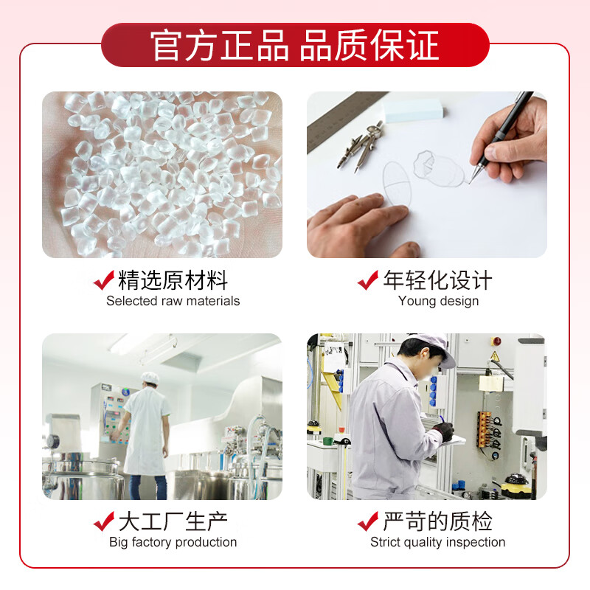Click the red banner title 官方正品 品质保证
tap(294, 46)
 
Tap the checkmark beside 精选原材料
tap(104, 280)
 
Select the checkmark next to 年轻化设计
tap(368, 280)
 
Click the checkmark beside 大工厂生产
tap(104, 521)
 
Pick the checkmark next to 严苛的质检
tap(368, 521)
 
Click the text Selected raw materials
tap(173, 301)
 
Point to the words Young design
tap(438, 301)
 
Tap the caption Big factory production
tap(173, 542)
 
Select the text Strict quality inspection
tap(437, 542)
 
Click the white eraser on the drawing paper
tap(413, 109)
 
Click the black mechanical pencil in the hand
tap(500, 136)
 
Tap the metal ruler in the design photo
tap(344, 120)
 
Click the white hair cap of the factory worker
tap(150, 378)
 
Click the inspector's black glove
tap(445, 431)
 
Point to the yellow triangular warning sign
tap(495, 355)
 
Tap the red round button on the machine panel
tap(496, 341)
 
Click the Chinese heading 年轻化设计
tap(437, 280)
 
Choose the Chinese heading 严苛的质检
tap(437, 521)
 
